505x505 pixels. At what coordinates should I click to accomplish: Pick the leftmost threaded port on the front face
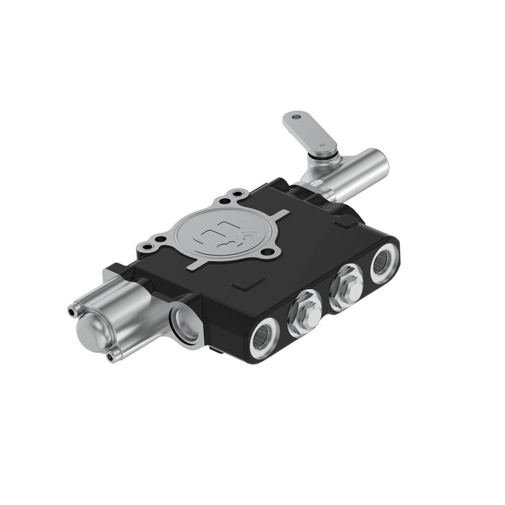264,337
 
